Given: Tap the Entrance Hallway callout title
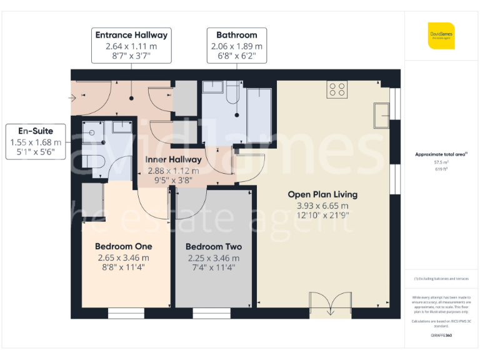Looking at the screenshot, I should [131, 35].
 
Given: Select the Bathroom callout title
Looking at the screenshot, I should [236, 35].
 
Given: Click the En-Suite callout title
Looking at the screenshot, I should [36, 131].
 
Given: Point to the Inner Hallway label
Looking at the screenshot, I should [173, 160].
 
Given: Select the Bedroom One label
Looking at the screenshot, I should [123, 246].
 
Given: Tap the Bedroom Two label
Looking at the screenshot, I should [213, 246].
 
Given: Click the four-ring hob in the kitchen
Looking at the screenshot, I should [337, 90].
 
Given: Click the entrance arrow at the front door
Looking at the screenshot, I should [74, 97].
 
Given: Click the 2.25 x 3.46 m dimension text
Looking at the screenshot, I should [213, 257].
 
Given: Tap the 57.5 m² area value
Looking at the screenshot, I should [441, 161].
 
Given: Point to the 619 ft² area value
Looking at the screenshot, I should [441, 168].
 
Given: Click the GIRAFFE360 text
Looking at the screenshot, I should [441, 336].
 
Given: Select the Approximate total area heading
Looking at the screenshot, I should [441, 154].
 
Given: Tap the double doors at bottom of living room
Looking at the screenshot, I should [326, 306].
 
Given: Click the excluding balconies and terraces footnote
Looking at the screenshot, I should [441, 279].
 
